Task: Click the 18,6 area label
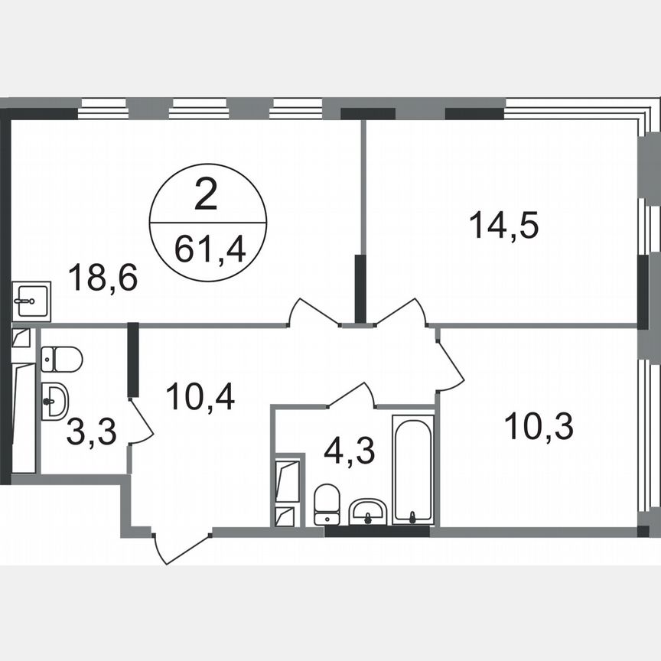click(103, 277)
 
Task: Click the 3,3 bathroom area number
click(91, 431)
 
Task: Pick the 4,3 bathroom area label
click(349, 451)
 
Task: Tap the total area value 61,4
click(208, 249)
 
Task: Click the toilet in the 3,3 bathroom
click(61, 358)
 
